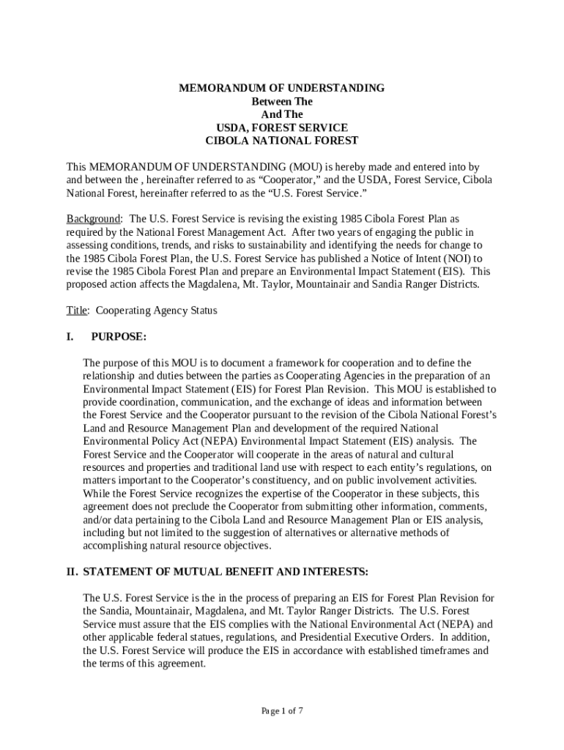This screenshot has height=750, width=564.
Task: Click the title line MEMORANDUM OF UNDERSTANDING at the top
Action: pyautogui.click(x=282, y=88)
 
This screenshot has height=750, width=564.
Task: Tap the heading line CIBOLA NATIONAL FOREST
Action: pyautogui.click(x=282, y=140)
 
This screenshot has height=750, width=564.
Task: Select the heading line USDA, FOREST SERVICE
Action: pyautogui.click(x=282, y=127)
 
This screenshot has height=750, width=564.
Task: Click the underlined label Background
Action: pyautogui.click(x=93, y=219)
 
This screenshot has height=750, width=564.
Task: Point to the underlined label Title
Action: pyautogui.click(x=77, y=311)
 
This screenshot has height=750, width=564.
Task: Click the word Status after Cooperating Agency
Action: pyautogui.click(x=202, y=311)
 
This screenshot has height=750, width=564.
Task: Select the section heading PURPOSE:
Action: pyautogui.click(x=118, y=336)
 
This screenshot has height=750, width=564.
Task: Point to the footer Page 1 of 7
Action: pyautogui.click(x=282, y=710)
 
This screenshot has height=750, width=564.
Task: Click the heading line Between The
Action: pyautogui.click(x=282, y=101)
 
